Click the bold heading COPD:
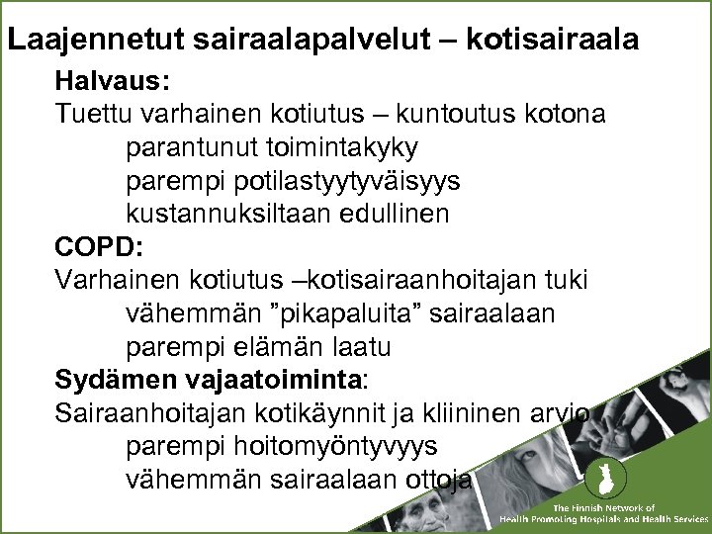(94, 246)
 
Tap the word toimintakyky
(342, 147)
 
